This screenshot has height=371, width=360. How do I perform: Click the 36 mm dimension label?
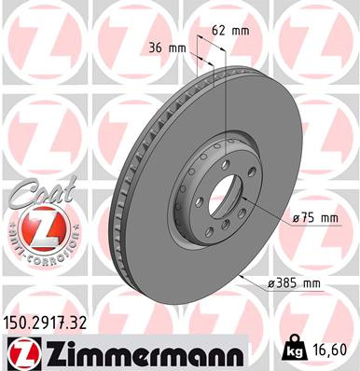coord(165,48)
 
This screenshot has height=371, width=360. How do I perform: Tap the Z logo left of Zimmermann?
coord(19,351)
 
